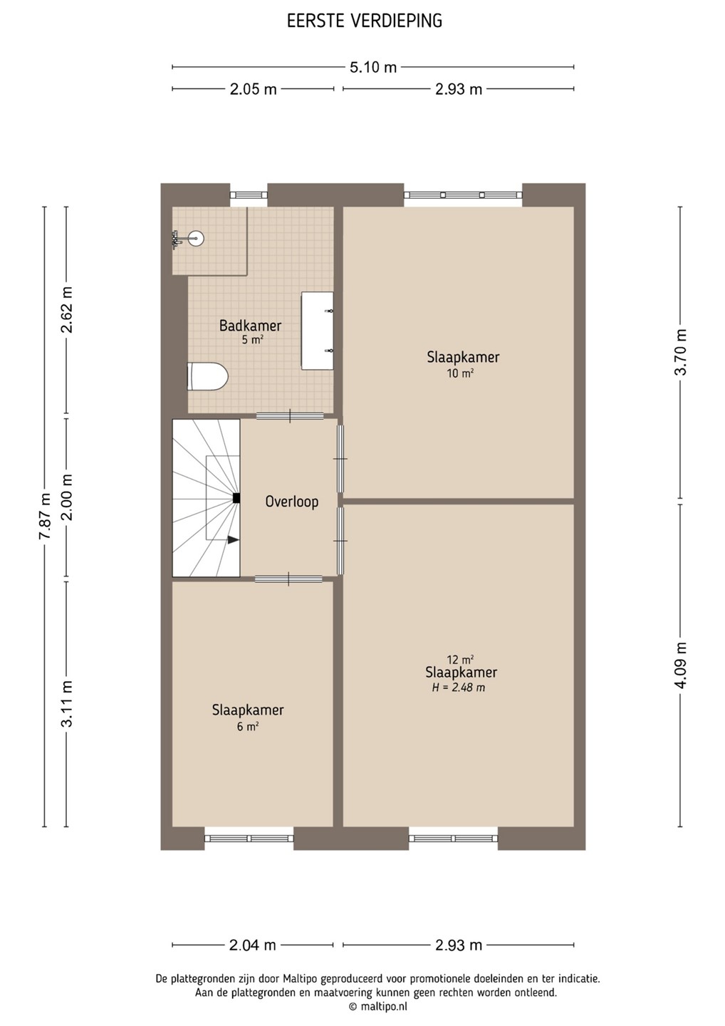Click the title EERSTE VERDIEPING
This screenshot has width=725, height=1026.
(365, 21)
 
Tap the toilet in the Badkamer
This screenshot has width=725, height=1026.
(207, 376)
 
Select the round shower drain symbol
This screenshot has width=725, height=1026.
(197, 238)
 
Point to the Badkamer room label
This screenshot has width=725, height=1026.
(251, 326)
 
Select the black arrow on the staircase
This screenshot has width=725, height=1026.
(234, 540)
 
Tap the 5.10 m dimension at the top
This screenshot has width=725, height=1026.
(373, 67)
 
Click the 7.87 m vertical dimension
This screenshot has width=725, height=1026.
(44, 517)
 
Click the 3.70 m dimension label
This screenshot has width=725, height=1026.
(681, 351)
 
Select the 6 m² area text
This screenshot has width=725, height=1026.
(248, 726)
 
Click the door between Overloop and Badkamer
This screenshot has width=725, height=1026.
(290, 416)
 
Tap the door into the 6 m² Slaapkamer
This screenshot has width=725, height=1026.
(288, 579)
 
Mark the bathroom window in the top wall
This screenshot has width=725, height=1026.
(249, 195)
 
